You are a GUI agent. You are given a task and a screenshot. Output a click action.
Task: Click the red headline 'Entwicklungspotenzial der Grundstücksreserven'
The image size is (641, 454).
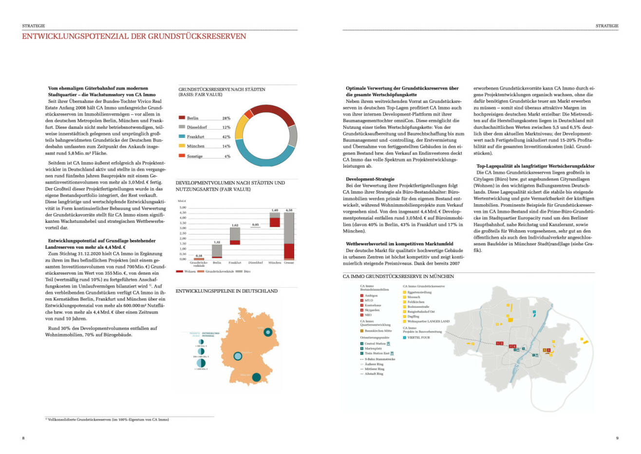(134, 37)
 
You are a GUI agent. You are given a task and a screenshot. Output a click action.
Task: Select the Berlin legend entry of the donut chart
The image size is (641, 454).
(192, 118)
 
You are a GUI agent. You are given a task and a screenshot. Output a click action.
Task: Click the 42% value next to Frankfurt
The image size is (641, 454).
(226, 137)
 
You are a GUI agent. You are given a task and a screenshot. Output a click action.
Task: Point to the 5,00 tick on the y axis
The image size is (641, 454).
(183, 207)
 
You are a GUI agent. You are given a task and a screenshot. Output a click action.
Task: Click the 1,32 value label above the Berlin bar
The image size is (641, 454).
(217, 242)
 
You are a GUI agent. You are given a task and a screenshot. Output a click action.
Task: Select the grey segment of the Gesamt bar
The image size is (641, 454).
(289, 228)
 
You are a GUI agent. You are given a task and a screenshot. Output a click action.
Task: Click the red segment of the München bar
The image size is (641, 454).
(275, 222)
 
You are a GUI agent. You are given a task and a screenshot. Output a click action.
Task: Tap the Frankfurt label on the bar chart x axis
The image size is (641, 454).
(235, 263)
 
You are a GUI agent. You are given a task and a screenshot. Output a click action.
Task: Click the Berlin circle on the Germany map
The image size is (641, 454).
(267, 332)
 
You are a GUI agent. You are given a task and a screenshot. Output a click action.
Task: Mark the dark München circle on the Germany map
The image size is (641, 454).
(256, 376)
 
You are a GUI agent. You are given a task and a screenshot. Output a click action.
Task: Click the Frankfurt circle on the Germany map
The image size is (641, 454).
(238, 356)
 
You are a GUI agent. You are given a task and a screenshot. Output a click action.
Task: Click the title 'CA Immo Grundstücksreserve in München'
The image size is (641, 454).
(398, 276)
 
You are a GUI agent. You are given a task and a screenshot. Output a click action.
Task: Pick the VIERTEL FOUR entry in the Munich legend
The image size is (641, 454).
(418, 337)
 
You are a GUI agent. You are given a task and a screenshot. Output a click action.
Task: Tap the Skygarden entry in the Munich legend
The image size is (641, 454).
(372, 310)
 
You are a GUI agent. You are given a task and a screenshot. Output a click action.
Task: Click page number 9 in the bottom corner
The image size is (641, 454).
(617, 438)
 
